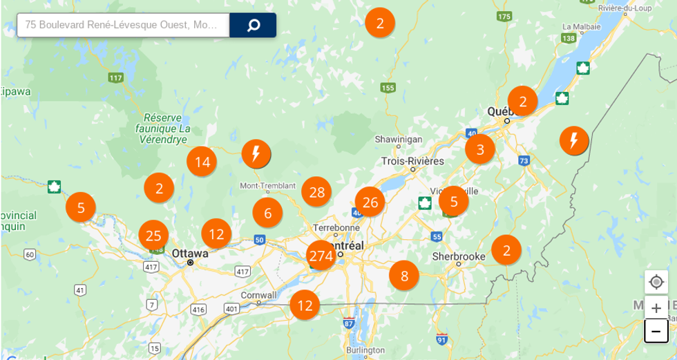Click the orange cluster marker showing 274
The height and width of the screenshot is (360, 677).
[321, 256]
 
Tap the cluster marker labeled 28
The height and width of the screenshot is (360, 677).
[317, 192]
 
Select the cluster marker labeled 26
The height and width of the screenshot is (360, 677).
[370, 202]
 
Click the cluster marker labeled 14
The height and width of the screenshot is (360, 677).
[202, 162]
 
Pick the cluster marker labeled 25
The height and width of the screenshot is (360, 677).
[153, 236]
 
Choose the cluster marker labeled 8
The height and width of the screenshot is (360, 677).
[404, 276]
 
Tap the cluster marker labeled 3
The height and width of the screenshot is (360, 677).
[480, 149]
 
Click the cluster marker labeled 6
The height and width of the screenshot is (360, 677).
[267, 213]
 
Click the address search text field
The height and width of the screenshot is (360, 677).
[123, 25]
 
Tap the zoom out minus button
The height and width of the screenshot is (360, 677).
[656, 331]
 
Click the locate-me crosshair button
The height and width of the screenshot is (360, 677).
[656, 282]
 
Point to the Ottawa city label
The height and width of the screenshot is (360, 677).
[189, 253]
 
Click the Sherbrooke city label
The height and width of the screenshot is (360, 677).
[459, 256]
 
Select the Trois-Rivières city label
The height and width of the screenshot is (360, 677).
[412, 161]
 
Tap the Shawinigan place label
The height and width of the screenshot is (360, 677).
[399, 139]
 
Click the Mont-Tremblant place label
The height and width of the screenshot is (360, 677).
[267, 186]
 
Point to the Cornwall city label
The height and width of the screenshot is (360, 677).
[259, 295]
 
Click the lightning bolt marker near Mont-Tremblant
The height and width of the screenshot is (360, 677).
[256, 153]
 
